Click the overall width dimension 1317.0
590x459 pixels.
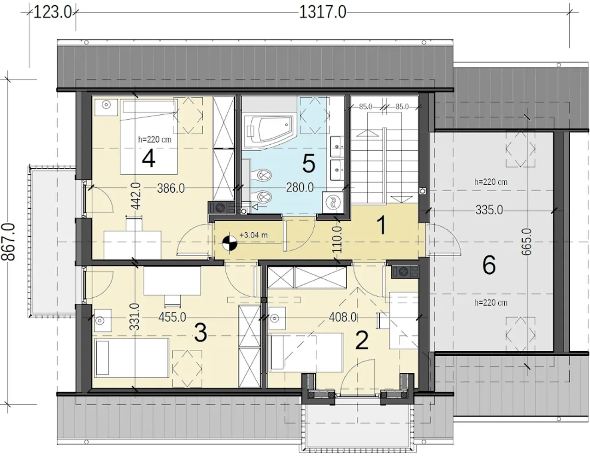tap(323, 12)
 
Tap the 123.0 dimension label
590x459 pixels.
tap(52, 12)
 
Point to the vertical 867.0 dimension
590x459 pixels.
tap(8, 242)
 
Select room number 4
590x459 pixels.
tap(148, 159)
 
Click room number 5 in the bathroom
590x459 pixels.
tap(309, 164)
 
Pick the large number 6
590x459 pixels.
tap(489, 265)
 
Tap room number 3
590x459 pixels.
tap(201, 333)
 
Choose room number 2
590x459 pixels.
tap(362, 341)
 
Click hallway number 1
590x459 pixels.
tap(382, 225)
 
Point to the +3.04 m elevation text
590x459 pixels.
tap(254, 235)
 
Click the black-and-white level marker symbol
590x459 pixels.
tap(230, 243)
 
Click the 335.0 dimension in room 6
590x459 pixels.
tap(489, 210)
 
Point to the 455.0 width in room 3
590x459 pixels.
tap(172, 317)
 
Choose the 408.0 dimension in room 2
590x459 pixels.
tap(342, 317)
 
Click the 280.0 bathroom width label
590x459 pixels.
tap(300, 188)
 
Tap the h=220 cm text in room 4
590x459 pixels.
tap(155, 140)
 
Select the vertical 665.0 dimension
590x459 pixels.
tap(527, 242)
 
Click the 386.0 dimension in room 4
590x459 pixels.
tap(171, 188)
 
